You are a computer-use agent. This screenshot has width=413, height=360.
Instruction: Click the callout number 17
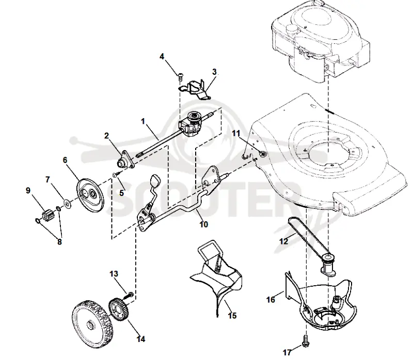point(287,352)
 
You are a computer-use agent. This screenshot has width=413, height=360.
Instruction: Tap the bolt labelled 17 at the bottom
point(306,340)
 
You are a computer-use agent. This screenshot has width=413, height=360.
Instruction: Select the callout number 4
point(162,56)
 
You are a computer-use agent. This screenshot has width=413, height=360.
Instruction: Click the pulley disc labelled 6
point(90,197)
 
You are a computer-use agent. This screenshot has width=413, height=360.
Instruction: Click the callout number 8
point(59,241)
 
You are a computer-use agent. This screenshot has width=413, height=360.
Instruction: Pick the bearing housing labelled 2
point(125,160)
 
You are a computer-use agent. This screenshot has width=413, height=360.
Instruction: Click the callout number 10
point(203,224)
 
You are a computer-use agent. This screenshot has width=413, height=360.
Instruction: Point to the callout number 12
point(283,241)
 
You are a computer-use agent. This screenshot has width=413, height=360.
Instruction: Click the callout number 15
point(232,315)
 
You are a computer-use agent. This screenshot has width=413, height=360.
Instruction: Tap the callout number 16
point(271,300)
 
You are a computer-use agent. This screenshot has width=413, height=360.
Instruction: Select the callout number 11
point(236,134)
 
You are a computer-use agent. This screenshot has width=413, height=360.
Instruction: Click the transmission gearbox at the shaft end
point(191,124)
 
